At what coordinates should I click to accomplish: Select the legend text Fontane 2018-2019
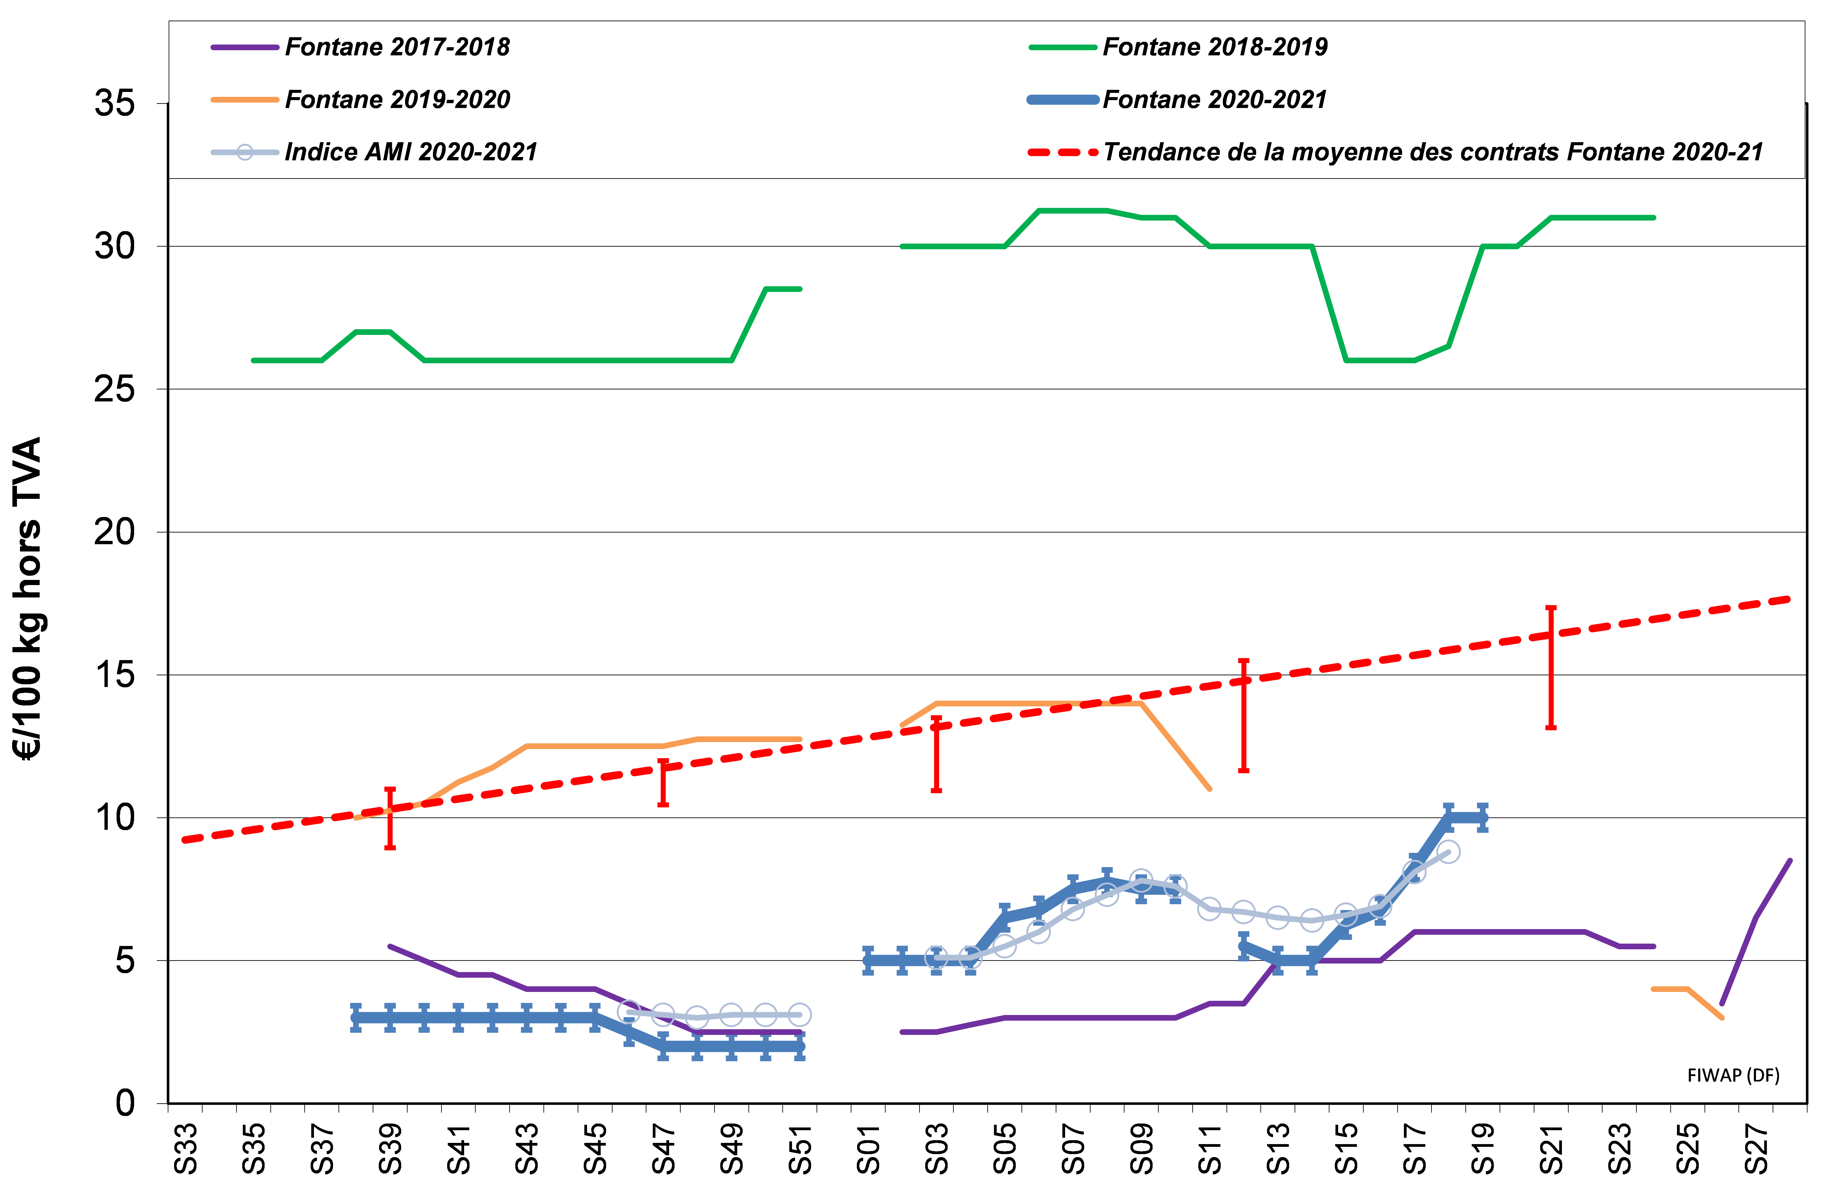[1215, 47]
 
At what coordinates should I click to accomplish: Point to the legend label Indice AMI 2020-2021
[411, 152]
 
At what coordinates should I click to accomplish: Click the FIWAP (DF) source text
[1733, 1075]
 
